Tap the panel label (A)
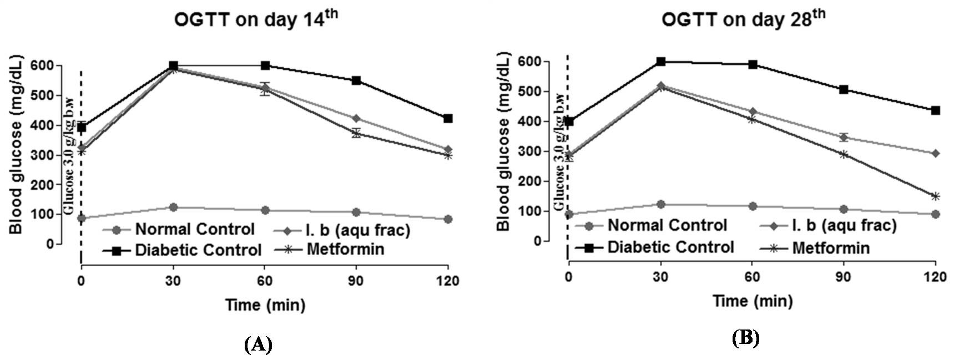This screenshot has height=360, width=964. (x=258, y=344)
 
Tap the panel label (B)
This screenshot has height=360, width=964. (x=745, y=338)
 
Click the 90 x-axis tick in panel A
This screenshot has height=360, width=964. (x=356, y=281)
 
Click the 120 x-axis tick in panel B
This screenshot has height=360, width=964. (x=935, y=278)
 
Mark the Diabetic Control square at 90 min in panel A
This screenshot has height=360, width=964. (x=356, y=80)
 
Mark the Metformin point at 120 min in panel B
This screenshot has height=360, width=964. (x=935, y=196)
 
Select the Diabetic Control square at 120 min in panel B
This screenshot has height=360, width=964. (x=935, y=110)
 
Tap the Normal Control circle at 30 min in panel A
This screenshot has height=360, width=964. (x=173, y=207)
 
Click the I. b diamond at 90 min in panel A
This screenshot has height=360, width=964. (x=356, y=118)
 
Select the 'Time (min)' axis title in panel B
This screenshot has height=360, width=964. (x=753, y=301)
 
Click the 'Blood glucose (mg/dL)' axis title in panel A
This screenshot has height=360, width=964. (x=16, y=144)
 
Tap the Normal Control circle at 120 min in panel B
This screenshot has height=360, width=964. (x=935, y=214)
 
